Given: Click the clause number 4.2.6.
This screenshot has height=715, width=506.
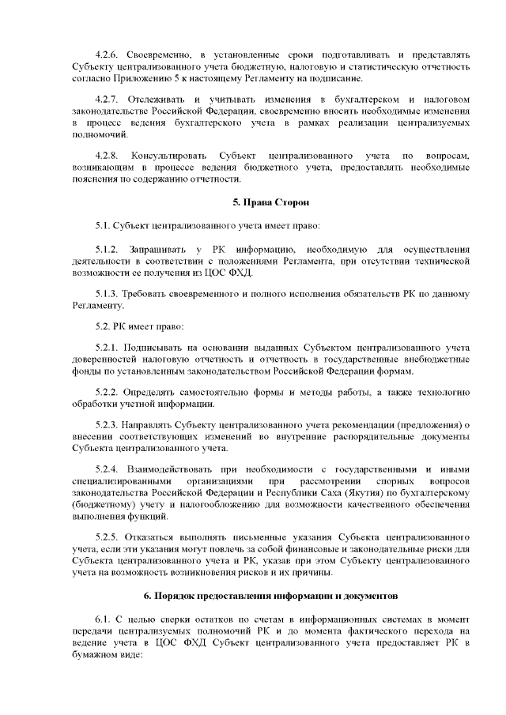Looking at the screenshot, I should point(106,55).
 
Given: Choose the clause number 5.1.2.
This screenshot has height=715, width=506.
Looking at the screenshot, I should point(106,249).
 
